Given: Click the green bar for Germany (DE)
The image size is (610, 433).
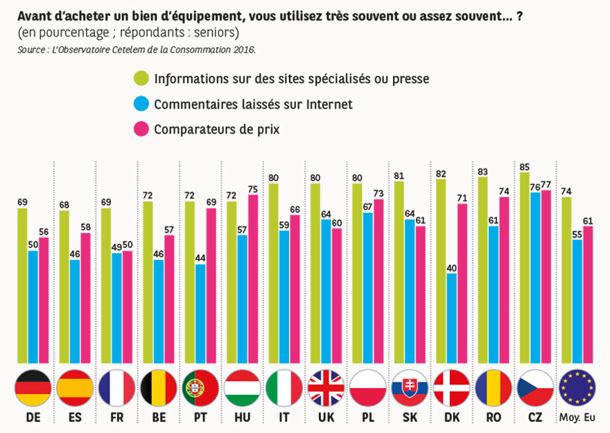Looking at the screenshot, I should (x=22, y=285).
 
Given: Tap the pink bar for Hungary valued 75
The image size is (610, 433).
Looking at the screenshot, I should (x=252, y=278).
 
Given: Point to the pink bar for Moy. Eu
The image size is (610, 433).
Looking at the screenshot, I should (x=588, y=294).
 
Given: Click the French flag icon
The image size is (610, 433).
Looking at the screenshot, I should (x=116, y=388).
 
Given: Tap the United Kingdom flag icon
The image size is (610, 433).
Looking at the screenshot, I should (x=326, y=388).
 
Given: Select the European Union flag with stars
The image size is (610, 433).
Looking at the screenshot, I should (x=577, y=388).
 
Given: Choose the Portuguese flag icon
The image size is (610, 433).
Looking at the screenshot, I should (x=200, y=388).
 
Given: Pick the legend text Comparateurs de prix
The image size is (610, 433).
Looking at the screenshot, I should (x=217, y=130).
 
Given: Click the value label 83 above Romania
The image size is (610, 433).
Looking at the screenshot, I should (x=483, y=170).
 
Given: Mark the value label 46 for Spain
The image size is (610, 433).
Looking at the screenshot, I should (x=75, y=254).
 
